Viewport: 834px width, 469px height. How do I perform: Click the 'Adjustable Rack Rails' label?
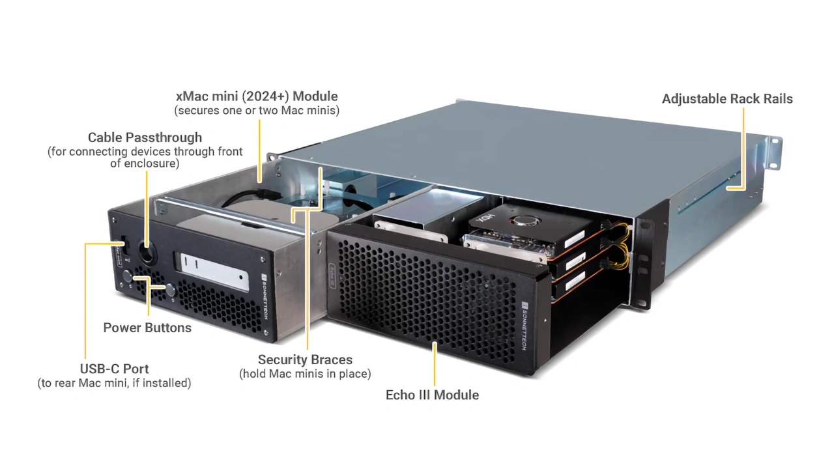pos(727,99)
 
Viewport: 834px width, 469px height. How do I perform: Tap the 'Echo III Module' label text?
pos(432,395)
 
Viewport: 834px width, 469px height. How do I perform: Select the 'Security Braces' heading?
pos(305,360)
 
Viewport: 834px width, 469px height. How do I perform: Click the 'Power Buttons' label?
pos(147,328)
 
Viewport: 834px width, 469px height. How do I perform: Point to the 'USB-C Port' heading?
pos(115,369)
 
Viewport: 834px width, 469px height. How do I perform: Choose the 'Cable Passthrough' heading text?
pos(145,137)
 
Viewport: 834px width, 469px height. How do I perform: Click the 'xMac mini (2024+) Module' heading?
pos(257,96)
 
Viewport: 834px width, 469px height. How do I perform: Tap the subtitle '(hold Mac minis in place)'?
pos(305,374)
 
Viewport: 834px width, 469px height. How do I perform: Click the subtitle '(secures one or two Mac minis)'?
pos(257,111)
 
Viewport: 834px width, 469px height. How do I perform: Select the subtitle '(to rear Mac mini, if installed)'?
pos(115,383)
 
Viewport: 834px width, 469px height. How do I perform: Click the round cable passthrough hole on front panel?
pos(147,256)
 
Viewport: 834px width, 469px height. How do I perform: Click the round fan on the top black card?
pos(521,221)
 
